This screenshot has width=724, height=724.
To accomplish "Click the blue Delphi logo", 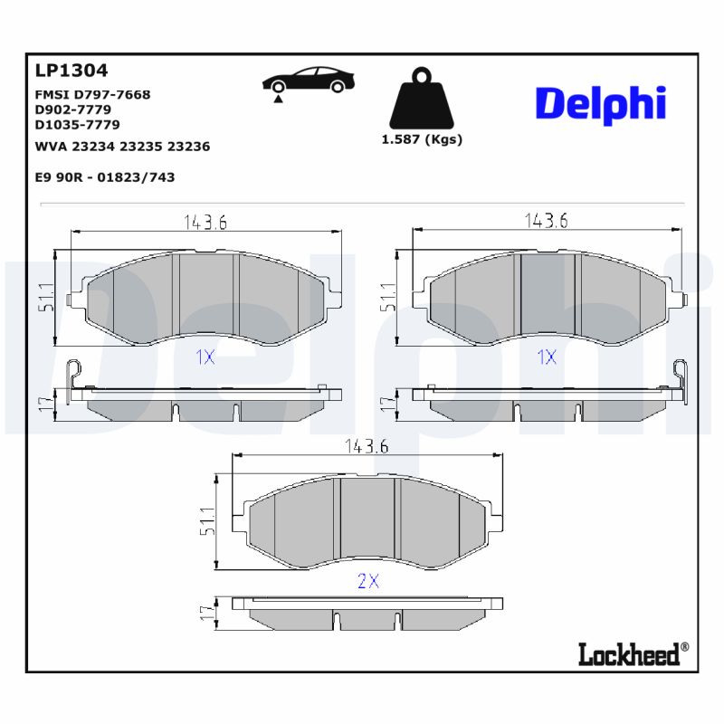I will pos(600,104).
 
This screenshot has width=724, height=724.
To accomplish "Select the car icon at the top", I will pos(308,81).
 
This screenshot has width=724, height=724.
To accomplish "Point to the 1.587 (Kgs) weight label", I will pos(422,139).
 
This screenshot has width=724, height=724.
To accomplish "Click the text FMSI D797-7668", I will pos(92,94).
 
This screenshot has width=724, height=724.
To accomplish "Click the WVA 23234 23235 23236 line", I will pos(122,146).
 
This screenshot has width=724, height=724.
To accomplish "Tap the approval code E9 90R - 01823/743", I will pos(104,177).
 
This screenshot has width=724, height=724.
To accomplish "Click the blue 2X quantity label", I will pos(367,582).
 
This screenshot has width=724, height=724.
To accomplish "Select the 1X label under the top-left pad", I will pos(205,357).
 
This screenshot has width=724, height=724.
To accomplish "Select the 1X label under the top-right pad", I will pos(546,357).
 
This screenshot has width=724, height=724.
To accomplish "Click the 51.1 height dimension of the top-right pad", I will pos(387,298).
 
